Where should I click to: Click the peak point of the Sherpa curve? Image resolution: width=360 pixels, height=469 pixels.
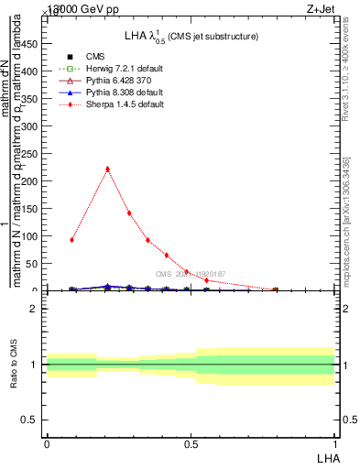pos(108,169)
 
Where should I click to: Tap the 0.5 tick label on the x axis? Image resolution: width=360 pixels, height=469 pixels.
pos(191,443)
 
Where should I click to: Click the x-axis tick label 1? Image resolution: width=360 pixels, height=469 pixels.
pos(334,443)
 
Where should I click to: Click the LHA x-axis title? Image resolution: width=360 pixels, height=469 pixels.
pos(327,458)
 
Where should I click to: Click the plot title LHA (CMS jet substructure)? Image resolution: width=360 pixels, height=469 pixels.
pos(191,36)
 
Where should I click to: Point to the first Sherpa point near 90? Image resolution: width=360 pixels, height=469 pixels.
pos(72,240)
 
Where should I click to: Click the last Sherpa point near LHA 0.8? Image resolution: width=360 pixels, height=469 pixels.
pos(276,289)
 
